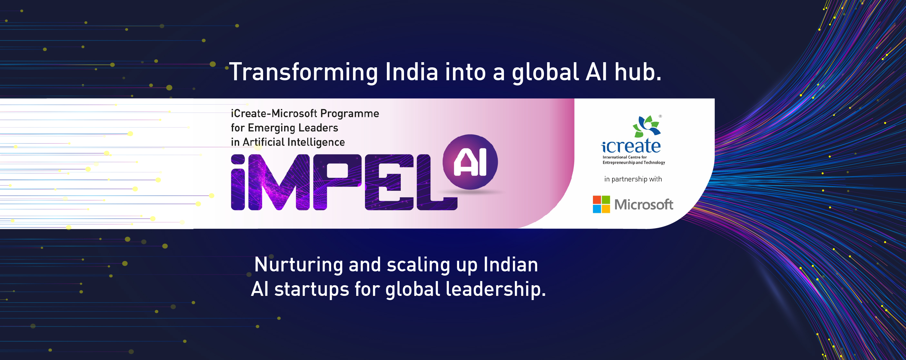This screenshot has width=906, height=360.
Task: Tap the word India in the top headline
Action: click(x=411, y=72)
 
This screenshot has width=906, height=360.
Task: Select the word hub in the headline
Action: click(x=638, y=72)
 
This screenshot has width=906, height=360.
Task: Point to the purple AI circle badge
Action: click(x=470, y=162)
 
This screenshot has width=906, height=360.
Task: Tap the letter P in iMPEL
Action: click(x=337, y=182)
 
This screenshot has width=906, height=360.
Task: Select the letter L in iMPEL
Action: click(x=437, y=182)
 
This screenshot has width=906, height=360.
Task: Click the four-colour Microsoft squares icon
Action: click(x=601, y=204)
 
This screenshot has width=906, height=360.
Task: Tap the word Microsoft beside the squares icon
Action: click(x=644, y=205)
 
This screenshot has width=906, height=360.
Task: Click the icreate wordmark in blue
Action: click(x=631, y=146)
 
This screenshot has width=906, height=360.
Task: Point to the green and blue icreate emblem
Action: click(x=647, y=126)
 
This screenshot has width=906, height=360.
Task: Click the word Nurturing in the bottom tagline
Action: click(x=299, y=265)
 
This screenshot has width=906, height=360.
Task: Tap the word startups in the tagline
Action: click(x=311, y=290)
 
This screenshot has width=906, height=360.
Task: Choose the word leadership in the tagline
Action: click(x=496, y=290)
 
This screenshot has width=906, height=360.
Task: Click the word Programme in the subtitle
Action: click(x=350, y=113)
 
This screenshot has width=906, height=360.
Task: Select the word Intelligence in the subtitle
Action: click(x=316, y=142)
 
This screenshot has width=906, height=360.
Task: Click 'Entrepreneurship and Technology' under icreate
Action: click(x=634, y=162)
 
